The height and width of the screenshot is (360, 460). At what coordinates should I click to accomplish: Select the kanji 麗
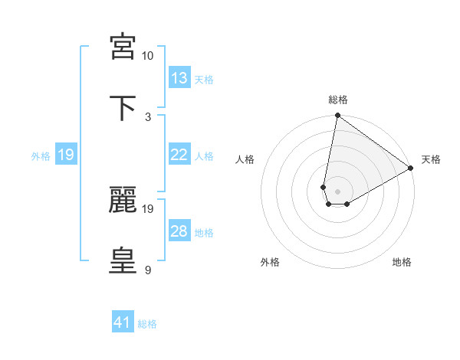tap(123, 199)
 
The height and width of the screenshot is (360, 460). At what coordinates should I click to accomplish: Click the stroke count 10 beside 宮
tap(147, 56)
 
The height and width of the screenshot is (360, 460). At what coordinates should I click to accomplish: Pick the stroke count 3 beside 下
tap(148, 116)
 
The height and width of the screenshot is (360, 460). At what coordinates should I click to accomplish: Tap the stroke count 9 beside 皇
tap(148, 270)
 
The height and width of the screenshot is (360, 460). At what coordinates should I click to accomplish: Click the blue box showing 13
tap(179, 78)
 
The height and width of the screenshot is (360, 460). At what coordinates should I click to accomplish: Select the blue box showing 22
tap(179, 155)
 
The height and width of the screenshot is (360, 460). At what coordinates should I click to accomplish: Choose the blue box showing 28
tap(179, 231)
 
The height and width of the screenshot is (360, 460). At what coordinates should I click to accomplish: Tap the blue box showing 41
tap(123, 323)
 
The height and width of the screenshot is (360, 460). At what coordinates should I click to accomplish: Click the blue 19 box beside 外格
tap(66, 155)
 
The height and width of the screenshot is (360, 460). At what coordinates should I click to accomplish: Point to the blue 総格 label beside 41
tap(147, 324)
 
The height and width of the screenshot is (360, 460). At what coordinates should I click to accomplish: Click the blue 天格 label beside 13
tap(204, 79)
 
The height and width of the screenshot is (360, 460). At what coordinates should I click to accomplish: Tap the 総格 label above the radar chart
tap(338, 100)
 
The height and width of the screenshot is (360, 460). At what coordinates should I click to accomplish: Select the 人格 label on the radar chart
tap(245, 159)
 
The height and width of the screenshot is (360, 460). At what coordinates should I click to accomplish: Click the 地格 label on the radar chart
tap(402, 262)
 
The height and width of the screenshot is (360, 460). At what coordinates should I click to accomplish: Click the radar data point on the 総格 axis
tap(337, 116)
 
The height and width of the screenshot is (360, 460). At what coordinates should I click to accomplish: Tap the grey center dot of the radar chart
tap(337, 191)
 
